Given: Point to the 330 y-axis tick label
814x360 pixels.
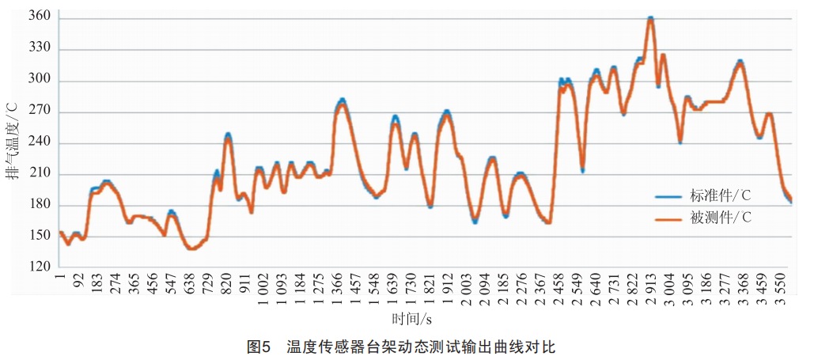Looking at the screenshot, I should point(39,49).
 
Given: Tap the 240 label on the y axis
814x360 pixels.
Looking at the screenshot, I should point(39,143).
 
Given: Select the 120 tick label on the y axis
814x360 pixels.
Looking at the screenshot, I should point(39,267).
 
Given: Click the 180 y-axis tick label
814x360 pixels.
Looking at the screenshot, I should point(39,206).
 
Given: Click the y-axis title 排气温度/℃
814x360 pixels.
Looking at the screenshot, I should point(13,143).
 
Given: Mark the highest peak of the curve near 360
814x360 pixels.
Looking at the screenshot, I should point(650,18).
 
